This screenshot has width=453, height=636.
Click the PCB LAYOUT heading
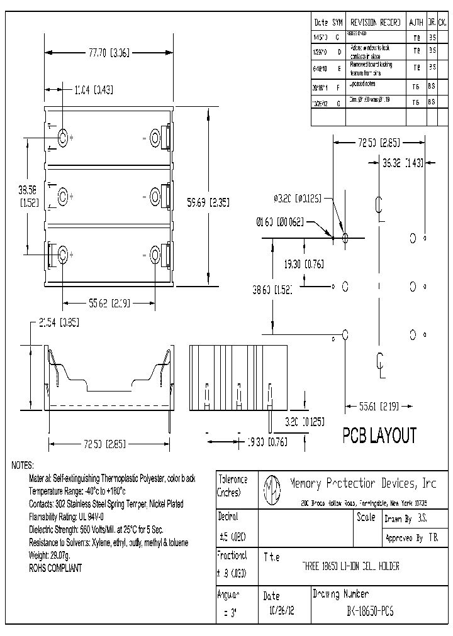point(379,436)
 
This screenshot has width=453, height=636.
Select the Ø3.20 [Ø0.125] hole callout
point(298,198)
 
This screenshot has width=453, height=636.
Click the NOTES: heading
point(23,466)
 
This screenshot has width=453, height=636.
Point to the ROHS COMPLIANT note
point(55,568)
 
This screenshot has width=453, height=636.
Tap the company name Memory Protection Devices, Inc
point(362,483)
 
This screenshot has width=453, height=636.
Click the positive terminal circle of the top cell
point(64,138)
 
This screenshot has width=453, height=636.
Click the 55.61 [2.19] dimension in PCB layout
point(379,407)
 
